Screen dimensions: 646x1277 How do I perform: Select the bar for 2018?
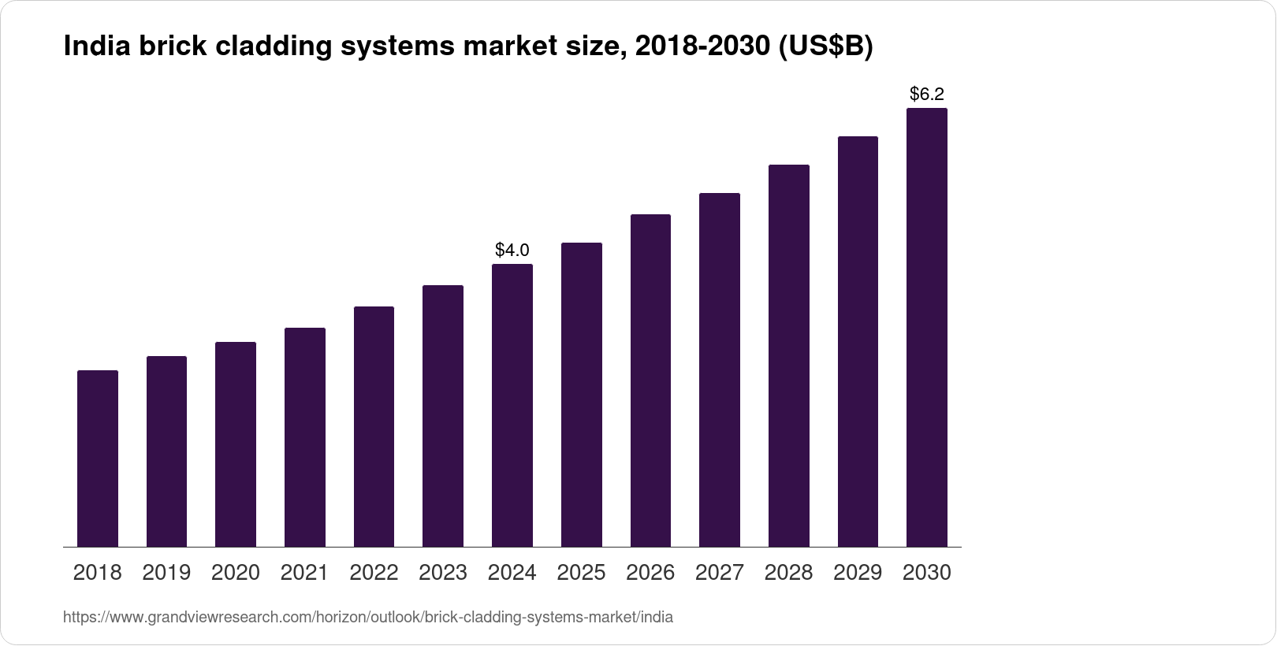click(x=98, y=459)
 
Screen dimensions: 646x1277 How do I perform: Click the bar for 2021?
click(x=305, y=437)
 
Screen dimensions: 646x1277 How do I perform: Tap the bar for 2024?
click(x=512, y=406)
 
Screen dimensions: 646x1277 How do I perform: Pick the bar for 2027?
click(x=719, y=370)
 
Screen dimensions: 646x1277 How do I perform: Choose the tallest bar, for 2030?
click(x=926, y=328)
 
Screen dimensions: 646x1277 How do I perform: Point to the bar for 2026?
click(x=650, y=381)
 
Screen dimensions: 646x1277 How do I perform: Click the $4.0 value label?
click(x=512, y=251)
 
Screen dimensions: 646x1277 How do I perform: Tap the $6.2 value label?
click(x=926, y=95)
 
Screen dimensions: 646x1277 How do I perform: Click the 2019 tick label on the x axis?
click(x=166, y=573)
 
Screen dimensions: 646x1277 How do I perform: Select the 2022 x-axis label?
click(x=374, y=573)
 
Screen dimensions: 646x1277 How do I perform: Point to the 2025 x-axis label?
click(x=581, y=573)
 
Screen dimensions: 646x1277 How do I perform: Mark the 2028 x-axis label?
click(x=788, y=573)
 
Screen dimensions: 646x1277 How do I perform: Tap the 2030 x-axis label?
click(x=926, y=573)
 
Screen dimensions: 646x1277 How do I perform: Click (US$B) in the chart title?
click(x=825, y=47)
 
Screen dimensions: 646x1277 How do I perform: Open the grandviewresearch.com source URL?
click(x=367, y=618)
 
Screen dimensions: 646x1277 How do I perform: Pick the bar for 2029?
click(x=858, y=342)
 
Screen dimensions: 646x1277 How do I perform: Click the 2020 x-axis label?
click(x=236, y=573)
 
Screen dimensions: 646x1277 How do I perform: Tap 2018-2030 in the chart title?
click(x=702, y=47)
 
